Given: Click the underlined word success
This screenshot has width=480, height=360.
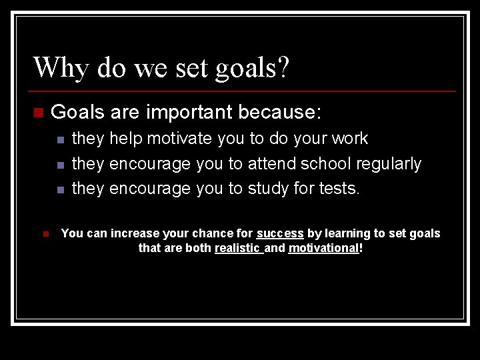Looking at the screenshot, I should coord(280,233).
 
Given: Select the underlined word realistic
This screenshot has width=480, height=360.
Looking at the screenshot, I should coord(237,248).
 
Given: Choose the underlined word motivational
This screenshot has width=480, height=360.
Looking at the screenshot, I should coord(323,248).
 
